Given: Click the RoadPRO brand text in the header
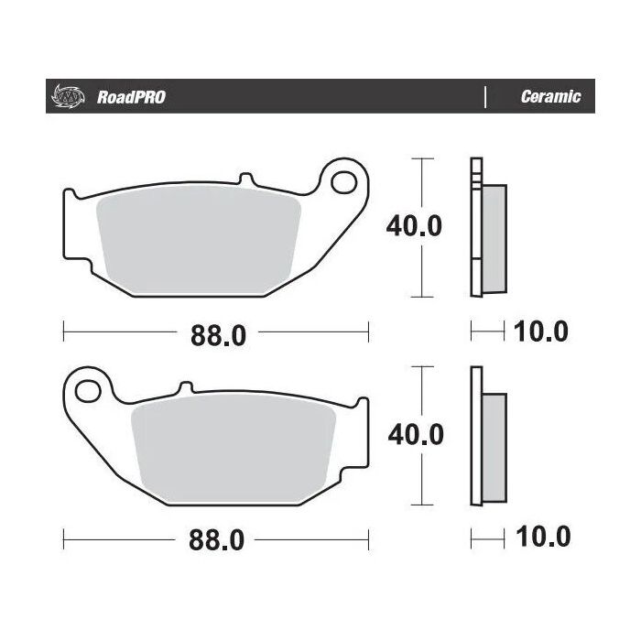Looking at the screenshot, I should [x=131, y=97].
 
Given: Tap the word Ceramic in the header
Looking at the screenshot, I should [x=549, y=97].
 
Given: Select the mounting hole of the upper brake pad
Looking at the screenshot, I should [x=345, y=183].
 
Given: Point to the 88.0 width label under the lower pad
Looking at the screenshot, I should [x=219, y=540].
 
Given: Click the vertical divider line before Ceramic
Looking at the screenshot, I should [x=484, y=97].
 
